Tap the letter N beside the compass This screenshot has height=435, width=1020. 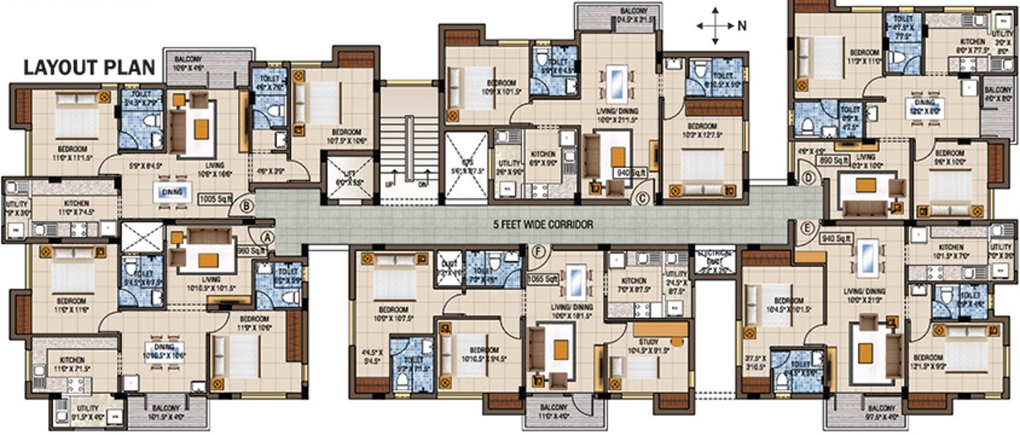(x=741, y=25)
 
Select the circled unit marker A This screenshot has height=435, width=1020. (x=267, y=237)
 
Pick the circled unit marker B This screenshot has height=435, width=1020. (x=247, y=205)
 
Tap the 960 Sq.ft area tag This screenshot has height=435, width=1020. (x=250, y=250)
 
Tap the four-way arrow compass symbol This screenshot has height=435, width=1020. (x=715, y=25)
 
